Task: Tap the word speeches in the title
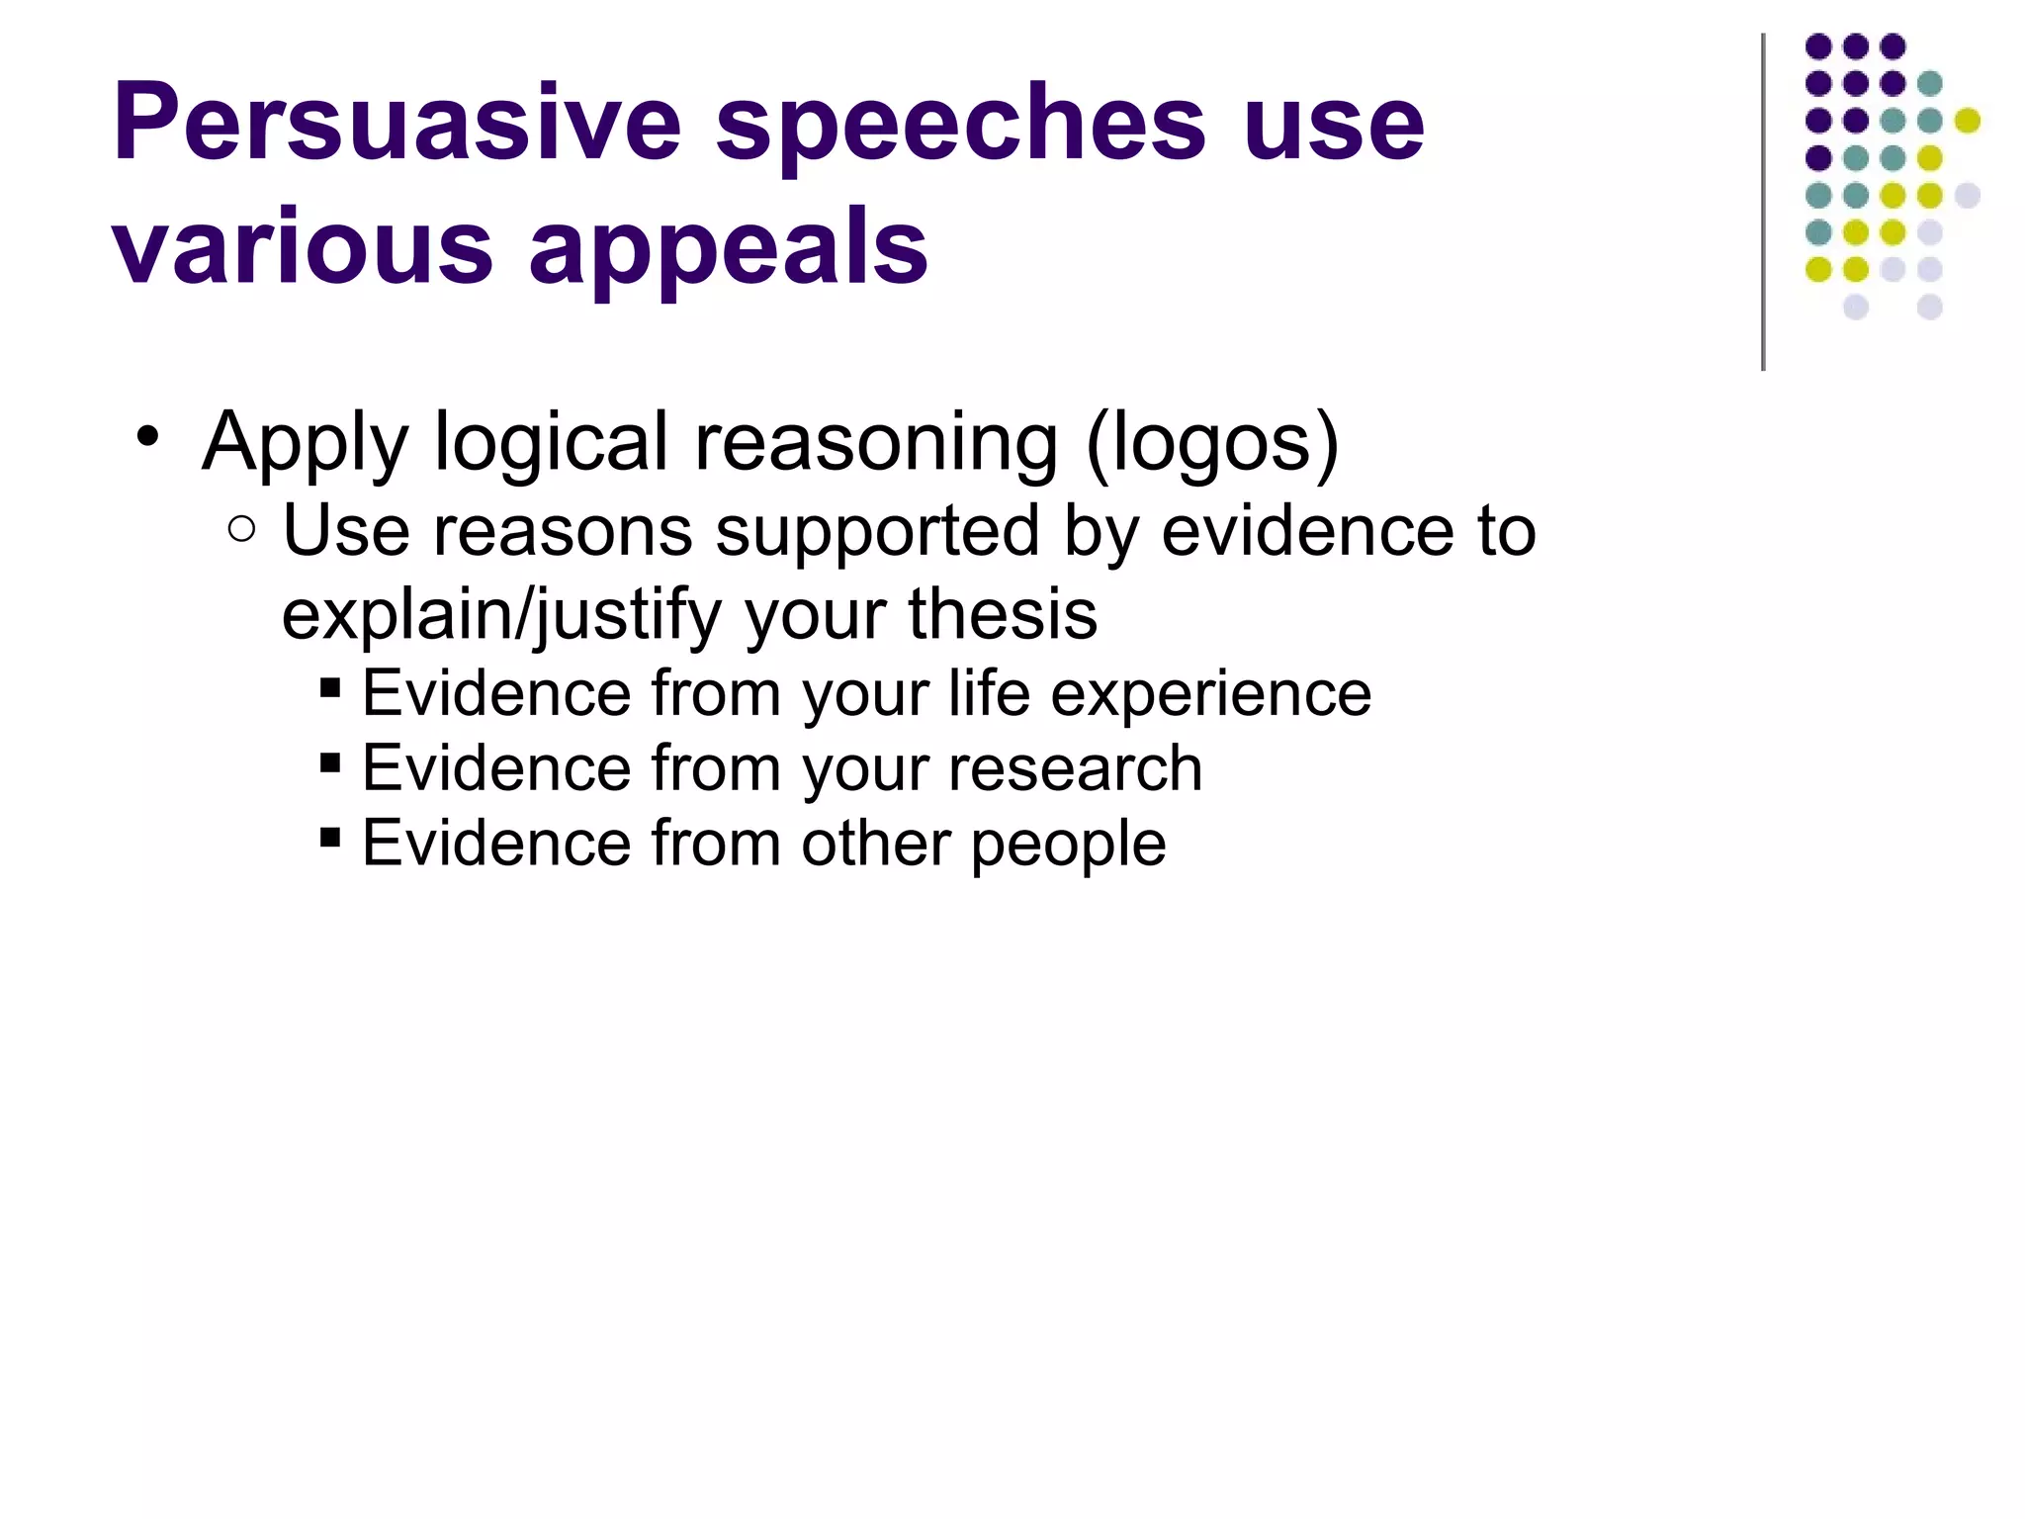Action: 960,123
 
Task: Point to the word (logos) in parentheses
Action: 1212,442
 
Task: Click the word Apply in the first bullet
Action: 305,442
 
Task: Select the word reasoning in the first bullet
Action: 876,442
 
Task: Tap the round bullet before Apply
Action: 148,436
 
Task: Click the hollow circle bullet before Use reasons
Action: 241,529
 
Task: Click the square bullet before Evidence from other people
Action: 330,838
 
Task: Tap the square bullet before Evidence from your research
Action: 330,762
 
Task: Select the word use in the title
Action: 1334,123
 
